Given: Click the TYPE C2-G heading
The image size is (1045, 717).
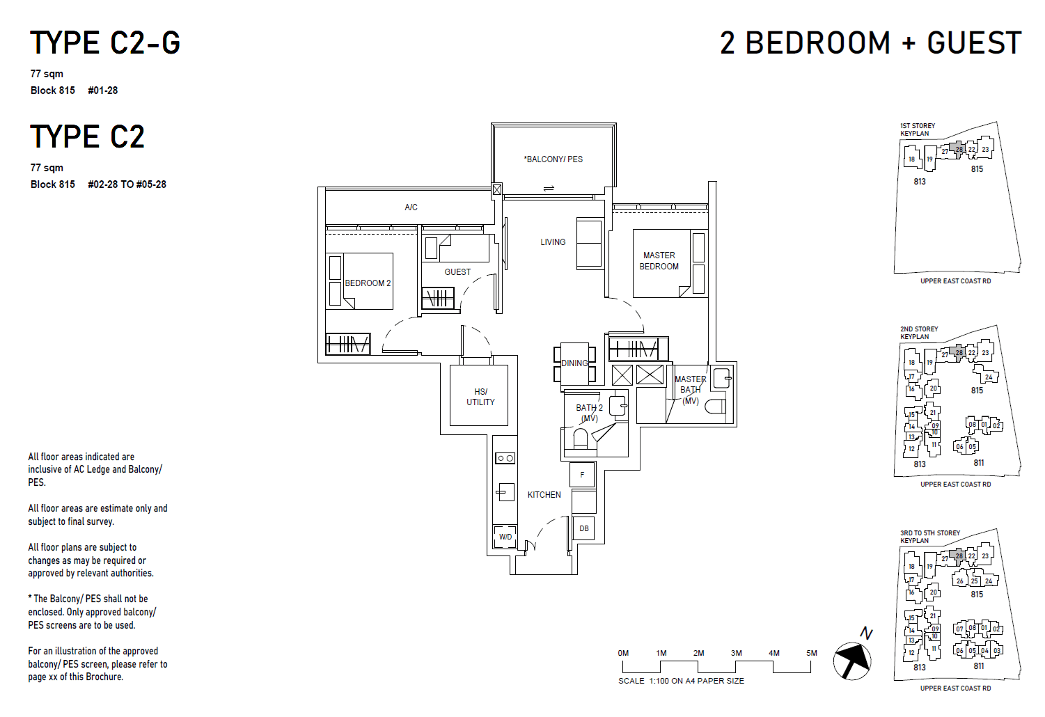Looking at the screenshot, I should click(105, 43).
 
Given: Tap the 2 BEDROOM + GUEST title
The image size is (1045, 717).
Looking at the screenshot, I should click(870, 43).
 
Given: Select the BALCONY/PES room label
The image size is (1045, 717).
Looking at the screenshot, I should click(553, 159).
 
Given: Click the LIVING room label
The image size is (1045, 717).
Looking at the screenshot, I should click(553, 242).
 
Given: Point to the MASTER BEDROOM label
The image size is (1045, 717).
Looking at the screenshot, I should click(659, 261).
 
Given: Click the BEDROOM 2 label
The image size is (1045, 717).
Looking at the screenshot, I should click(368, 283).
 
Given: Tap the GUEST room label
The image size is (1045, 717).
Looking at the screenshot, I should click(457, 272).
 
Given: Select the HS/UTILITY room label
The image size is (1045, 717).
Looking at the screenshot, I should click(480, 397).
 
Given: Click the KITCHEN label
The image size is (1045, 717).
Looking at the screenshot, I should click(544, 495).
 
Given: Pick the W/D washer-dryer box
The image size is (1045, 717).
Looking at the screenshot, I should click(505, 537).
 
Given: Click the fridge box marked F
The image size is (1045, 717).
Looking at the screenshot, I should click(583, 475).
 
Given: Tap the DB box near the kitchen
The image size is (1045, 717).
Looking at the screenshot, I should click(583, 528).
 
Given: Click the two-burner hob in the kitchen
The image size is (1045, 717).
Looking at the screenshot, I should click(505, 458).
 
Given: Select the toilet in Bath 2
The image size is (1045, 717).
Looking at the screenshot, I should click(580, 439).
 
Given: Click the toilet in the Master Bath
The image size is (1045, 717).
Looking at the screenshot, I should click(716, 407).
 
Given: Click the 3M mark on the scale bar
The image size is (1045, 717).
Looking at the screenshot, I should click(736, 654).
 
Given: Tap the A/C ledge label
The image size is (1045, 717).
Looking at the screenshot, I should click(411, 207).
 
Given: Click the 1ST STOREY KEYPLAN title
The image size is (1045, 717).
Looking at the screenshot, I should click(917, 129).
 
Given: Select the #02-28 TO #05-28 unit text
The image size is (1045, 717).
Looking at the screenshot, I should click(127, 184).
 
